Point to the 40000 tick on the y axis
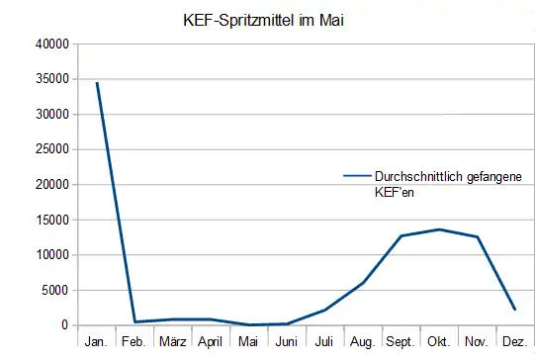pos(52,45)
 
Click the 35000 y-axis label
pos(52,79)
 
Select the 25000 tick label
pos(52,149)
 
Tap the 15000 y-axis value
pos(52,220)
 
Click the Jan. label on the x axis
pos(97,342)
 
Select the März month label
pos(172,342)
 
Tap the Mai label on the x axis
pos(248,342)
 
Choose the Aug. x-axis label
pos(363,342)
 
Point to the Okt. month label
pos(438,342)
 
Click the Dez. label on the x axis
pos(514,342)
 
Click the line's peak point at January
pos(96,83)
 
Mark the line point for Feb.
pos(134,321)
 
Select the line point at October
pos(439,229)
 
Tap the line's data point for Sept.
pos(401,235)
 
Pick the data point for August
pos(363,283)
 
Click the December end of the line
pos(514,310)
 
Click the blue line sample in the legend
pos(356,176)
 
